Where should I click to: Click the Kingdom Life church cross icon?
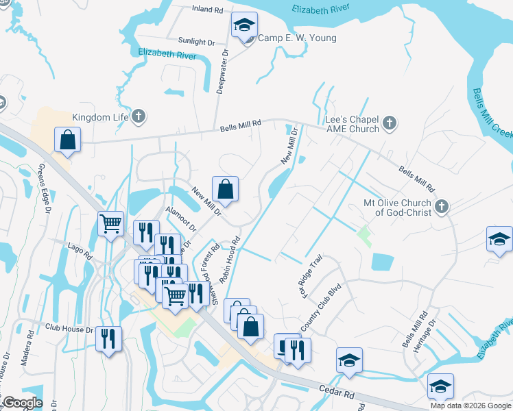(x=139, y=117)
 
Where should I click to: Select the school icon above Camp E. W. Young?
(x=243, y=26)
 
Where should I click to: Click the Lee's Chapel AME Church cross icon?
(x=389, y=124)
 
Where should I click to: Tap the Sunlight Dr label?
(x=196, y=42)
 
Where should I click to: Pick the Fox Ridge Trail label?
(x=310, y=271)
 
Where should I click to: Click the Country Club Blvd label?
(x=320, y=309)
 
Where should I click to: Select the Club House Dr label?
(x=71, y=329)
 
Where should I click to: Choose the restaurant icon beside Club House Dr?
(x=108, y=339)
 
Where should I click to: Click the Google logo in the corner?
(x=23, y=403)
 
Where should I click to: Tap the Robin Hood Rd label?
(x=229, y=261)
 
